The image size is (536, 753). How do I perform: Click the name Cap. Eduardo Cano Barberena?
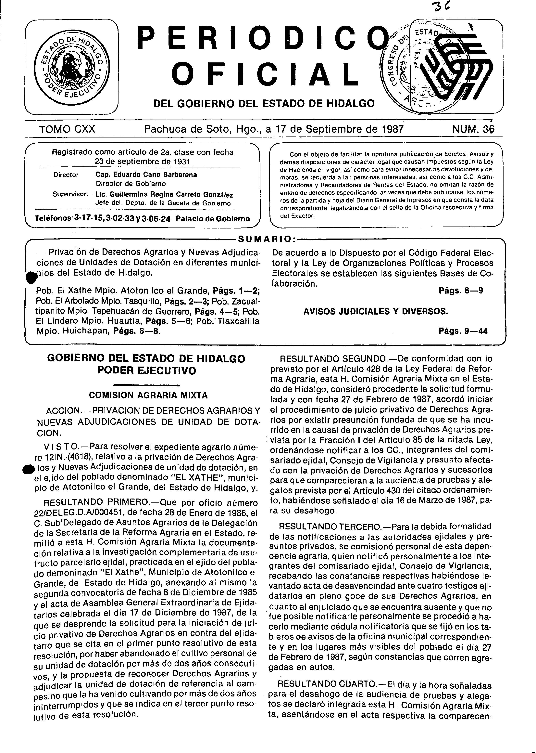[146, 175]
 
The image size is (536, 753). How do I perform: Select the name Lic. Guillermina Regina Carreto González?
[164, 195]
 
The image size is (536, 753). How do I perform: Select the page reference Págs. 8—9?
[461, 291]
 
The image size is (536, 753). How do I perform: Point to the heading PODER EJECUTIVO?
[146, 370]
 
